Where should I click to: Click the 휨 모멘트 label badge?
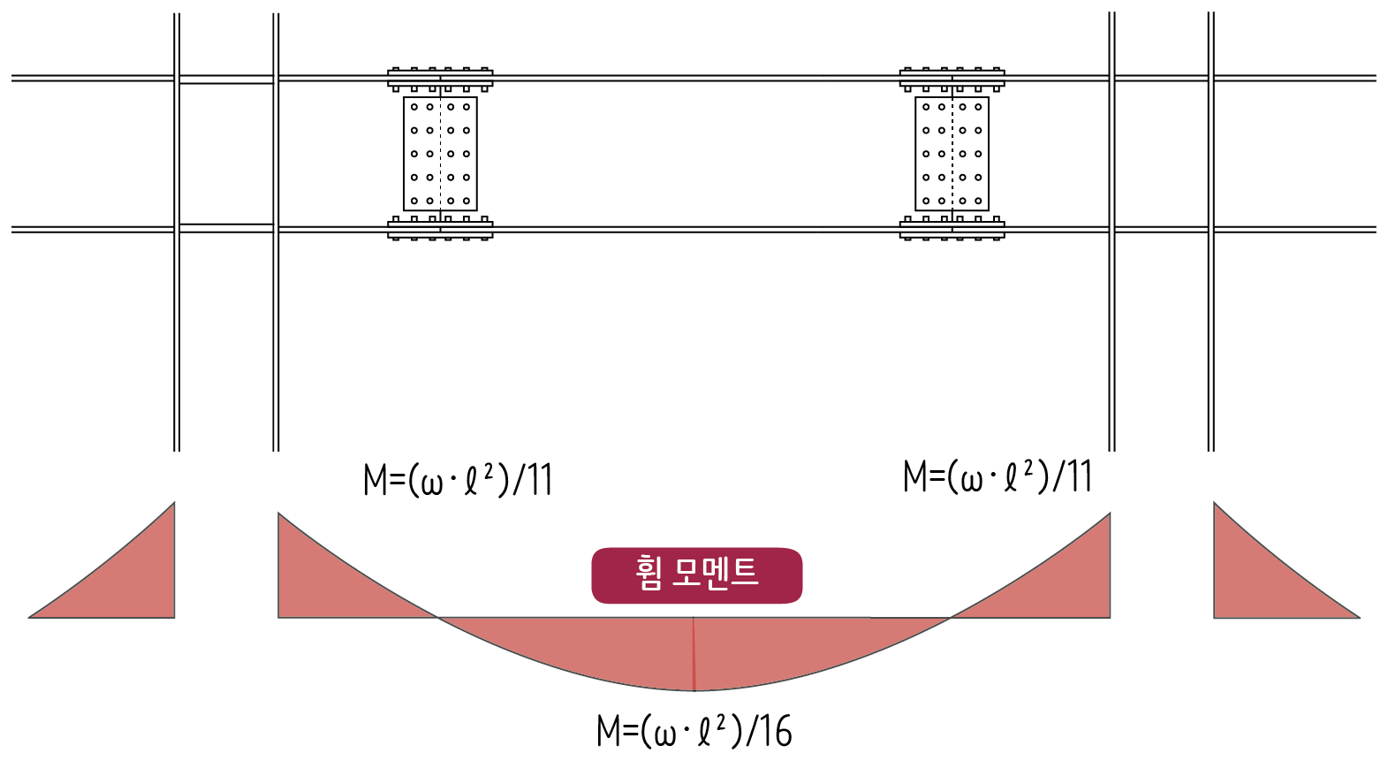pyautogui.click(x=696, y=575)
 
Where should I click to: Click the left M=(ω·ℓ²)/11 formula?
pyautogui.click(x=458, y=480)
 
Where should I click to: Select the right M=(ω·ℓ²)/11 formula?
pyautogui.click(x=998, y=476)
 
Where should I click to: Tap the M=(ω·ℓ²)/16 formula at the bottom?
pyautogui.click(x=694, y=731)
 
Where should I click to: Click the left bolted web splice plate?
pyautogui.click(x=440, y=154)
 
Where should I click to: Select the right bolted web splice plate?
pyautogui.click(x=952, y=154)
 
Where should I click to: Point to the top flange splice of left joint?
pyautogui.click(x=440, y=80)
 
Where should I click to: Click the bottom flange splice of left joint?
pyautogui.click(x=440, y=229)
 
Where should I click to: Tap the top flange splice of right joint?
pyautogui.click(x=952, y=80)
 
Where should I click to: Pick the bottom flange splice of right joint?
pyautogui.click(x=952, y=229)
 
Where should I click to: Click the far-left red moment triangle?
pyautogui.click(x=133, y=583)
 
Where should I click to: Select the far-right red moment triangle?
pyautogui.click(x=1255, y=583)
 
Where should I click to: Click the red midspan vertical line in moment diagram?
pyautogui.click(x=694, y=654)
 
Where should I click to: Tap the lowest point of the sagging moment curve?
pyautogui.click(x=694, y=689)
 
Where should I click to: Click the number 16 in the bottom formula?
pyautogui.click(x=775, y=731)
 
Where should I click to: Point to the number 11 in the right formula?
pyautogui.click(x=1079, y=476)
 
